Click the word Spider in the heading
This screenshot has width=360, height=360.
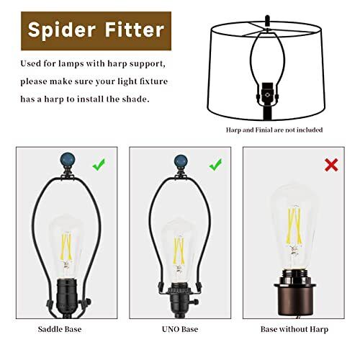point(62,30)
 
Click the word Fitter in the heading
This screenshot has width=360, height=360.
point(135,30)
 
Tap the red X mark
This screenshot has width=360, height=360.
point(331,165)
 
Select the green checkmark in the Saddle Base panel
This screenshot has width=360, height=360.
point(99,165)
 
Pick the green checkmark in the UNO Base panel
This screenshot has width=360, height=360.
point(215,165)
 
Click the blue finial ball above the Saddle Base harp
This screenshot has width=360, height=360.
point(68,159)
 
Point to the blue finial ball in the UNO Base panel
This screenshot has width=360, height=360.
point(181,161)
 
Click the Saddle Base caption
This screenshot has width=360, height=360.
point(60,329)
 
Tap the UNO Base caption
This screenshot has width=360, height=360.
point(180,329)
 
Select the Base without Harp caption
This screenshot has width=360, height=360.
point(294,329)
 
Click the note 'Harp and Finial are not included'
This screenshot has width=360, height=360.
point(274,130)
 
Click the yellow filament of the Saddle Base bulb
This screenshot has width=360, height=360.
point(66,246)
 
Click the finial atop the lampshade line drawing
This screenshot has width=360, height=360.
point(267,21)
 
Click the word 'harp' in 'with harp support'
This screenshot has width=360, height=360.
point(117,64)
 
